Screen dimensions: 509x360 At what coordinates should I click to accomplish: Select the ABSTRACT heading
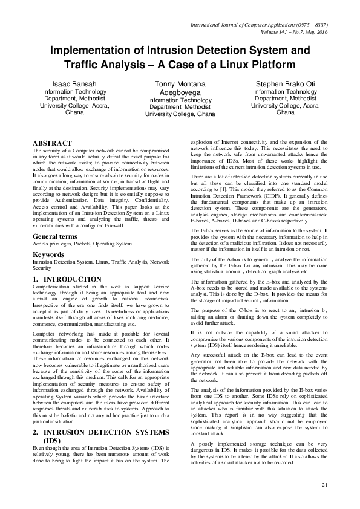(x=52, y=143)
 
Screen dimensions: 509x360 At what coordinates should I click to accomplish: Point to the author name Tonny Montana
(x=180, y=83)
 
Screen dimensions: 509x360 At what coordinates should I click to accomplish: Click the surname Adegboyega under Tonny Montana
(x=180, y=92)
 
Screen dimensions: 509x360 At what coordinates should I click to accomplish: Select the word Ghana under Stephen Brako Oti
(x=285, y=112)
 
